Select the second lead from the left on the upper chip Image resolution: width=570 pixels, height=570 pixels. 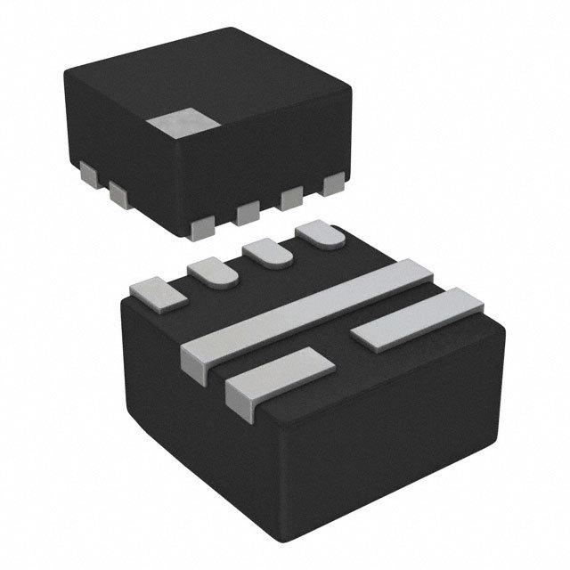click(119, 192)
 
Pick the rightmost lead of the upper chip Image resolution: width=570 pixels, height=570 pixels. click(334, 184)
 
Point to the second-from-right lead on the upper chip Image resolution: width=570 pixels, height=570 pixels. click(291, 199)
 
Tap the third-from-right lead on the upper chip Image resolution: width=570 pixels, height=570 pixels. click(248, 211)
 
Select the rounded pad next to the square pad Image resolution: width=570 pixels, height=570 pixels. click(213, 270)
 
